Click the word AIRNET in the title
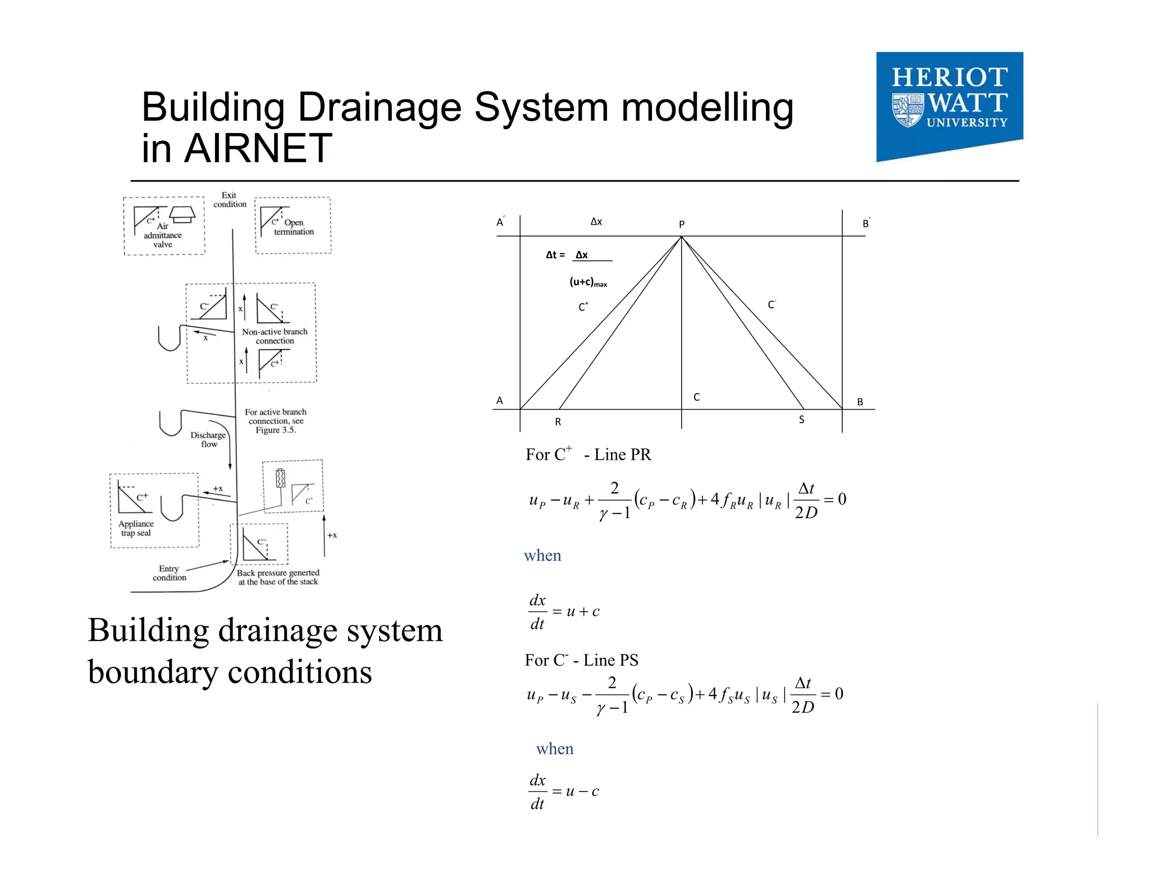[x=258, y=149]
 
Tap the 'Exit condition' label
[x=230, y=200]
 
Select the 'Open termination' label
[x=294, y=227]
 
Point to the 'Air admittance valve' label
[x=163, y=236]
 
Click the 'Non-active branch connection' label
[x=275, y=336]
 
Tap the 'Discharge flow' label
[x=208, y=440]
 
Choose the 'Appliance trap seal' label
[x=136, y=528]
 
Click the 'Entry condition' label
[x=169, y=573]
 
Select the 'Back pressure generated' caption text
[x=278, y=578]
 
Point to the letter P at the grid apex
[x=682, y=225]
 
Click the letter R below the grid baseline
[x=558, y=422]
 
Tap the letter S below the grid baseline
[x=801, y=420]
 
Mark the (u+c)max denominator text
[x=588, y=282]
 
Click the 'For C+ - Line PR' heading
[x=588, y=454]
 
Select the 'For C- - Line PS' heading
[x=581, y=660]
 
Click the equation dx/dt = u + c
[x=564, y=612]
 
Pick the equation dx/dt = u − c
[x=564, y=791]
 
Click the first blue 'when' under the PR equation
[x=542, y=556]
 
